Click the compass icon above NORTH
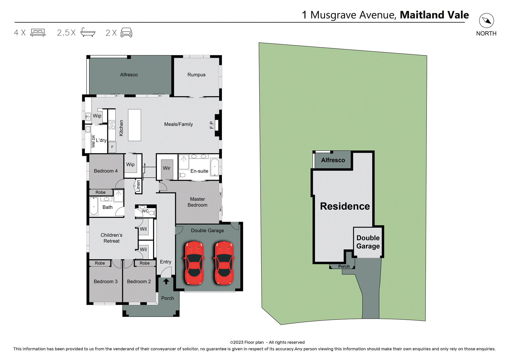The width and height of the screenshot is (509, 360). (486, 21)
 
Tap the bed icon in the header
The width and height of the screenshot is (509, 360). (38, 33)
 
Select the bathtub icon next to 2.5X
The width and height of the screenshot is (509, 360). (88, 32)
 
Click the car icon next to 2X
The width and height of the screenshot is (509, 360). (126, 32)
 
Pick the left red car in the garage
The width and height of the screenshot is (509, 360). (194, 263)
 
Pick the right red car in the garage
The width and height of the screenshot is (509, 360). (224, 263)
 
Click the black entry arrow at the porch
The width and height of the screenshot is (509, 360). (166, 281)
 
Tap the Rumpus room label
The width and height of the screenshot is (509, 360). (196, 75)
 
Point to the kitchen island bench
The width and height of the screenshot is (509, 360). (134, 125)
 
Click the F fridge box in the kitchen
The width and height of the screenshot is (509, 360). (112, 147)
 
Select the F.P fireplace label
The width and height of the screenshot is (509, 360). (212, 125)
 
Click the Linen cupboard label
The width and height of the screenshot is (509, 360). (138, 186)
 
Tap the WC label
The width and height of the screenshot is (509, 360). (145, 211)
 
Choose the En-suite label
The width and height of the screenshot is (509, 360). (199, 171)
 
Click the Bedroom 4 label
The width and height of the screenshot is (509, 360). (106, 171)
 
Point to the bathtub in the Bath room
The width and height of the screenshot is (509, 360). (94, 206)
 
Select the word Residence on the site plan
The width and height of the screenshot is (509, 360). (345, 206)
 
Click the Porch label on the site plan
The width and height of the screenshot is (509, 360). (344, 266)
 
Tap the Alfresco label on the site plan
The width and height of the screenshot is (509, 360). (333, 160)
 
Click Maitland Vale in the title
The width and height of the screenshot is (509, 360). (434, 15)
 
